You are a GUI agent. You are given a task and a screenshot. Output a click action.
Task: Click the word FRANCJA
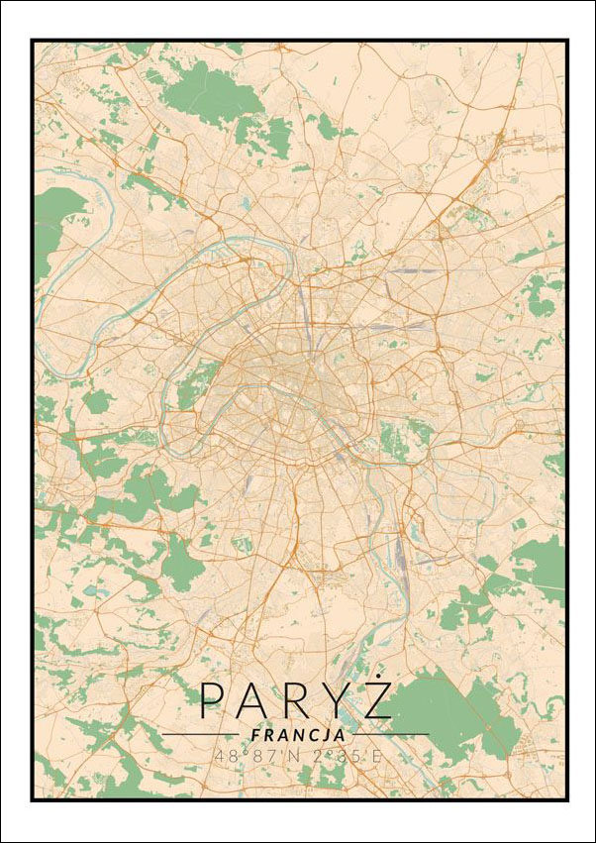coord(298,736)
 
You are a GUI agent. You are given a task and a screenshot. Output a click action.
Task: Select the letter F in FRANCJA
coord(255,736)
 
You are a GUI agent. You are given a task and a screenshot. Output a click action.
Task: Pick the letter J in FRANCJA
coord(326,736)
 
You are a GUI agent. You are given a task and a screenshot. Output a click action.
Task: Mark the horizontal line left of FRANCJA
coord(203,735)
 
